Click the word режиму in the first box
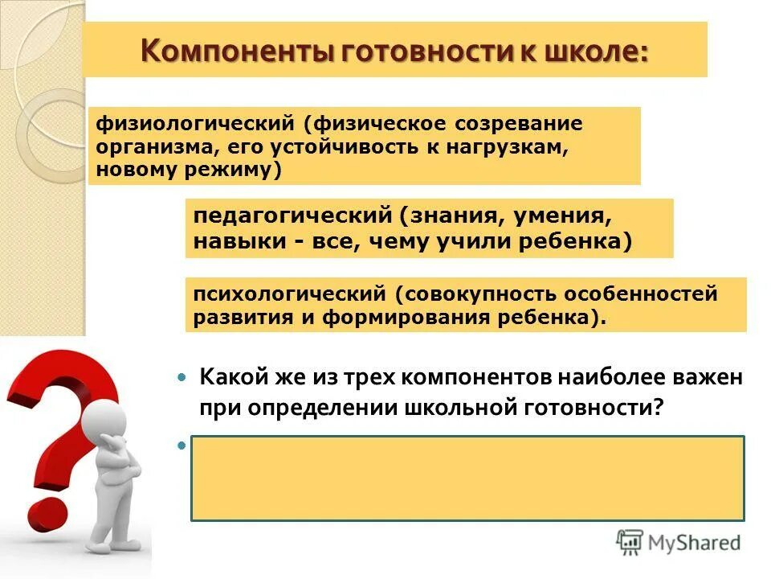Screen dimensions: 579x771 (237, 170)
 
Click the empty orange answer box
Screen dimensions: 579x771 (467, 478)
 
